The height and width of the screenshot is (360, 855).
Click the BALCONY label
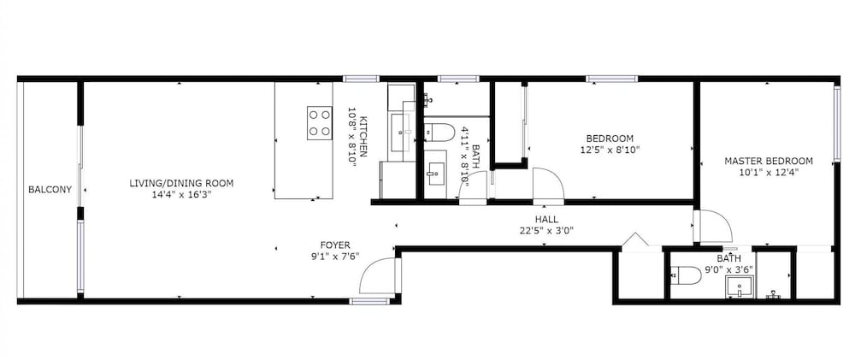[x=50, y=190]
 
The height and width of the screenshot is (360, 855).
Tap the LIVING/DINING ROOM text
[x=181, y=183]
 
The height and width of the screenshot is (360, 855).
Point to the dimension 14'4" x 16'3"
[x=180, y=194]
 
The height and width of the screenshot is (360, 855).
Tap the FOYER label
[x=334, y=245]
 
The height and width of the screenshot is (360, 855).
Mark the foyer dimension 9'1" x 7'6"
[x=334, y=256]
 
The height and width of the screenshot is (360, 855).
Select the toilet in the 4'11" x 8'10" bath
[x=439, y=131]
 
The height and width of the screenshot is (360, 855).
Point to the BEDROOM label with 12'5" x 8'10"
[x=610, y=139]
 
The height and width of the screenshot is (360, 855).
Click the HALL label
[x=546, y=219]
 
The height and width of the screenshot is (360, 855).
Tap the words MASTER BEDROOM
[x=769, y=161]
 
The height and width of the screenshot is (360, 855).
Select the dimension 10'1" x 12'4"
[x=769, y=172]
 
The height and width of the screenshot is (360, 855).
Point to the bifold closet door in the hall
[x=634, y=241]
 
